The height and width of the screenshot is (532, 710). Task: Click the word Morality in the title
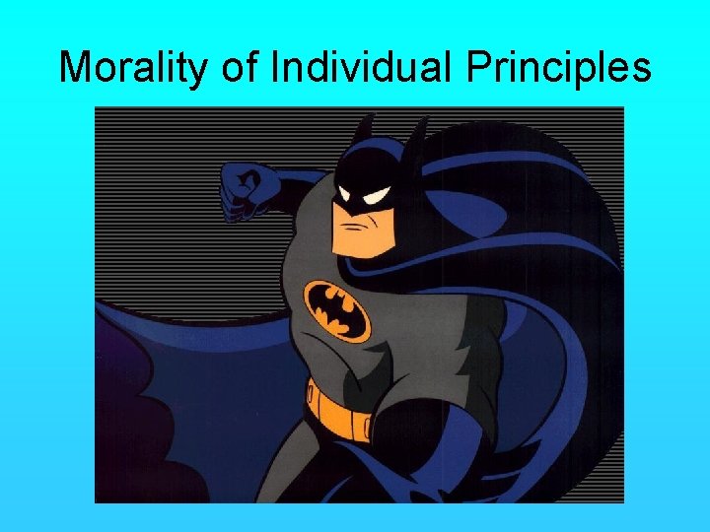pos(133,67)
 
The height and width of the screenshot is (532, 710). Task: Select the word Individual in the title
pos(365,67)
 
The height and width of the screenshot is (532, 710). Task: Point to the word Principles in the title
pos(559,67)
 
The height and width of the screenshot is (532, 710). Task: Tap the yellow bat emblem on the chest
pos(335,308)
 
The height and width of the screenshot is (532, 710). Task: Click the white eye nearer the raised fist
pos(346,192)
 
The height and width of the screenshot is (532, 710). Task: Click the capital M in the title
pos(77,67)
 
